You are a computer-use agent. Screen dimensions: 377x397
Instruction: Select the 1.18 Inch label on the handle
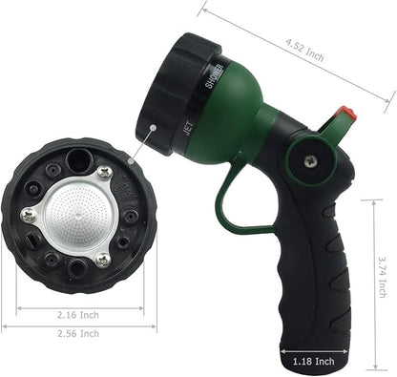312,362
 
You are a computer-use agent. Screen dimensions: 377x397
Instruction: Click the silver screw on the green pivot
309,163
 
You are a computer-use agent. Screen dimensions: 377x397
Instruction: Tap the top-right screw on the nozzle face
104,173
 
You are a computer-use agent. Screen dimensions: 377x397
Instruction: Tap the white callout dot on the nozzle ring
153,128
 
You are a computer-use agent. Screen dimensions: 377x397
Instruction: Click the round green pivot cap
309,163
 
